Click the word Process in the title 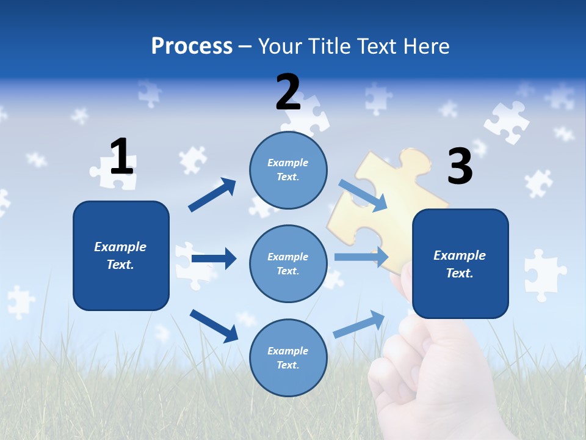(192, 46)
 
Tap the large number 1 (121, 156)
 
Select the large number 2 (288, 92)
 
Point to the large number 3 (460, 166)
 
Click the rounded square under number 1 (121, 255)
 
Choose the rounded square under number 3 (460, 263)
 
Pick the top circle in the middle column (288, 170)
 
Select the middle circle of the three (288, 263)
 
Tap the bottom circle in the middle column (288, 358)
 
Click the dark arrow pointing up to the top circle (213, 194)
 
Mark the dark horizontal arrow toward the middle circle (214, 258)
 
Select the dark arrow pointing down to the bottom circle (214, 326)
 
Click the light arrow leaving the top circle (363, 195)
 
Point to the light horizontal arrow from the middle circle (361, 257)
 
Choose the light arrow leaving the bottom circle (360, 324)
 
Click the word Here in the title (428, 46)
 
